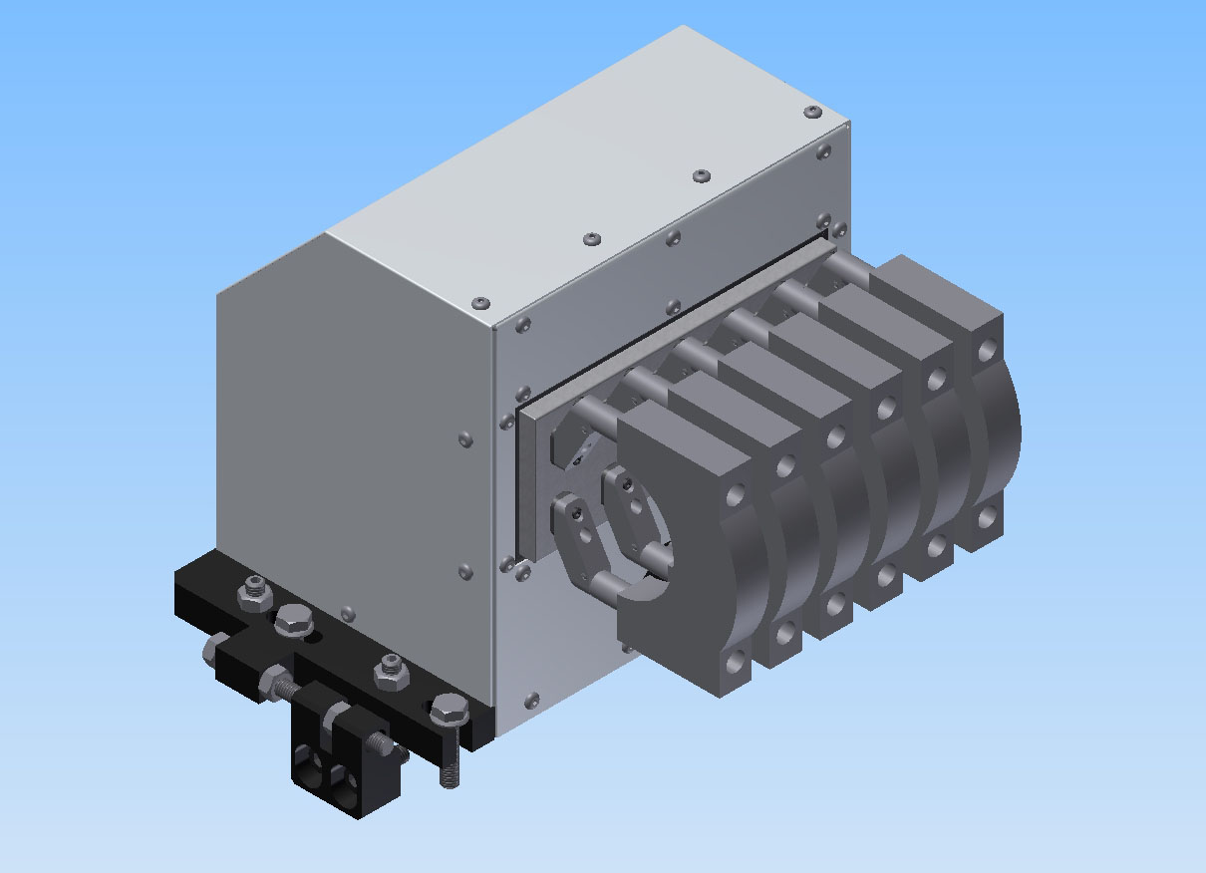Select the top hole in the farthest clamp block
(x=986, y=350)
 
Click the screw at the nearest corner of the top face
(x=483, y=301)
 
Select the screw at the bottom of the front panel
(x=531, y=700)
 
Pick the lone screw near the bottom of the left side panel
(x=347, y=611)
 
